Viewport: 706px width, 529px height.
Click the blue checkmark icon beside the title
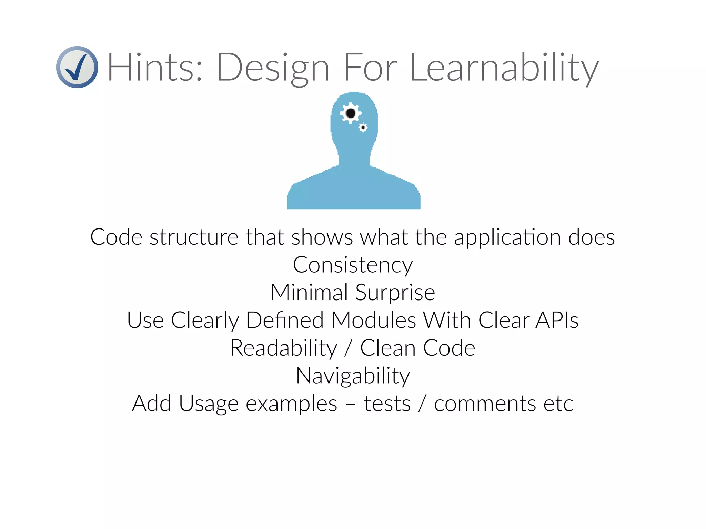[x=77, y=67]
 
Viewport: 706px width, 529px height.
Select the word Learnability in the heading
[x=504, y=68]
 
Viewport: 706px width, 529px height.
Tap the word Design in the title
[x=273, y=68]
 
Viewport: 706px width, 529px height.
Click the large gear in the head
[x=351, y=113]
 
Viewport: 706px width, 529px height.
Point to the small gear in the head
[x=363, y=128]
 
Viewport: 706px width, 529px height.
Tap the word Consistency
[x=353, y=265]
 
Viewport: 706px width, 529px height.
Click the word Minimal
[x=309, y=293]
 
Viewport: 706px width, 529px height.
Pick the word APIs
[x=557, y=320]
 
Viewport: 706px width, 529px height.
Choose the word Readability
[x=283, y=348]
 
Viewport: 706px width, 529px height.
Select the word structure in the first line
[x=194, y=237]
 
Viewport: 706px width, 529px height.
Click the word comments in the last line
[x=485, y=404]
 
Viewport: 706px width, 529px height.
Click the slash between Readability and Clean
[x=348, y=348]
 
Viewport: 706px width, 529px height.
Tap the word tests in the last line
[x=387, y=404]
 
